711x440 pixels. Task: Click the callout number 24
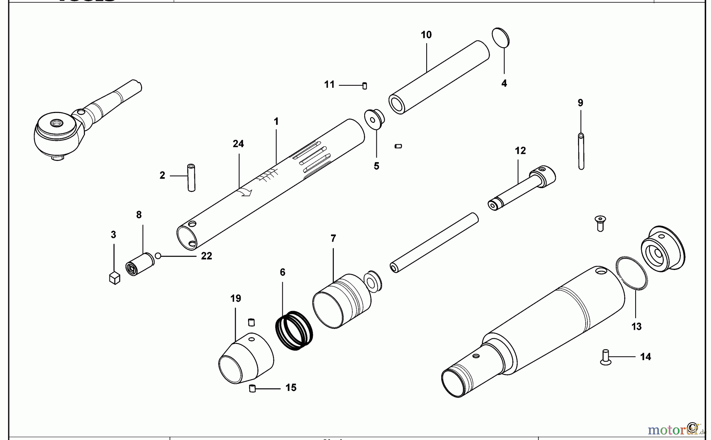pyautogui.click(x=238, y=144)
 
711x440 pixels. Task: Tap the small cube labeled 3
pyautogui.click(x=114, y=278)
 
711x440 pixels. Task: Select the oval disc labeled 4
pyautogui.click(x=500, y=38)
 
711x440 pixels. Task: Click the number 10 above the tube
pyautogui.click(x=426, y=35)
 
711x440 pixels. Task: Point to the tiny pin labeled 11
pyautogui.click(x=365, y=85)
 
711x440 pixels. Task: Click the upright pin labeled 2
pyautogui.click(x=191, y=178)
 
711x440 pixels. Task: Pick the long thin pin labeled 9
pyautogui.click(x=581, y=152)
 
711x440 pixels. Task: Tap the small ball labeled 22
pyautogui.click(x=158, y=256)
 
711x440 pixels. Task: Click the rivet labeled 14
pyautogui.click(x=606, y=357)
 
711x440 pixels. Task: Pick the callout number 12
pyautogui.click(x=520, y=151)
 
